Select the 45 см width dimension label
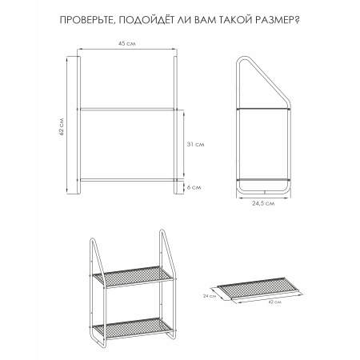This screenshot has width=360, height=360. (127, 43)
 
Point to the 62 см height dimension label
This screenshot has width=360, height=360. (62, 127)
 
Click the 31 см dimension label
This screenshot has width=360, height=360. (195, 144)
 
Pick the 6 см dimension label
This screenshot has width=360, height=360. (194, 187)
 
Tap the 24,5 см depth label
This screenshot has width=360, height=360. (263, 203)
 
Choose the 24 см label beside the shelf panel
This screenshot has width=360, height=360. (210, 296)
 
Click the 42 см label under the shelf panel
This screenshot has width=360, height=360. (275, 302)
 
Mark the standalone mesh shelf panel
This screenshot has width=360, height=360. (258, 288)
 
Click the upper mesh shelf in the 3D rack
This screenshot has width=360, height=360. (133, 277)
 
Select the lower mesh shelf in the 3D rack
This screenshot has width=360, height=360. (133, 328)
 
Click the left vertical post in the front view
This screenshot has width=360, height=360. (78, 125)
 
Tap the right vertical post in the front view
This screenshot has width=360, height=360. (175, 125)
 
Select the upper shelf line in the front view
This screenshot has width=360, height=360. (127, 109)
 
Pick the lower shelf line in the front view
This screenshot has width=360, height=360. (127, 180)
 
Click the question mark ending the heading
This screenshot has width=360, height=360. (298, 20)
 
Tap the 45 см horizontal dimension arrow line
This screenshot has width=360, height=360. (127, 49)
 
